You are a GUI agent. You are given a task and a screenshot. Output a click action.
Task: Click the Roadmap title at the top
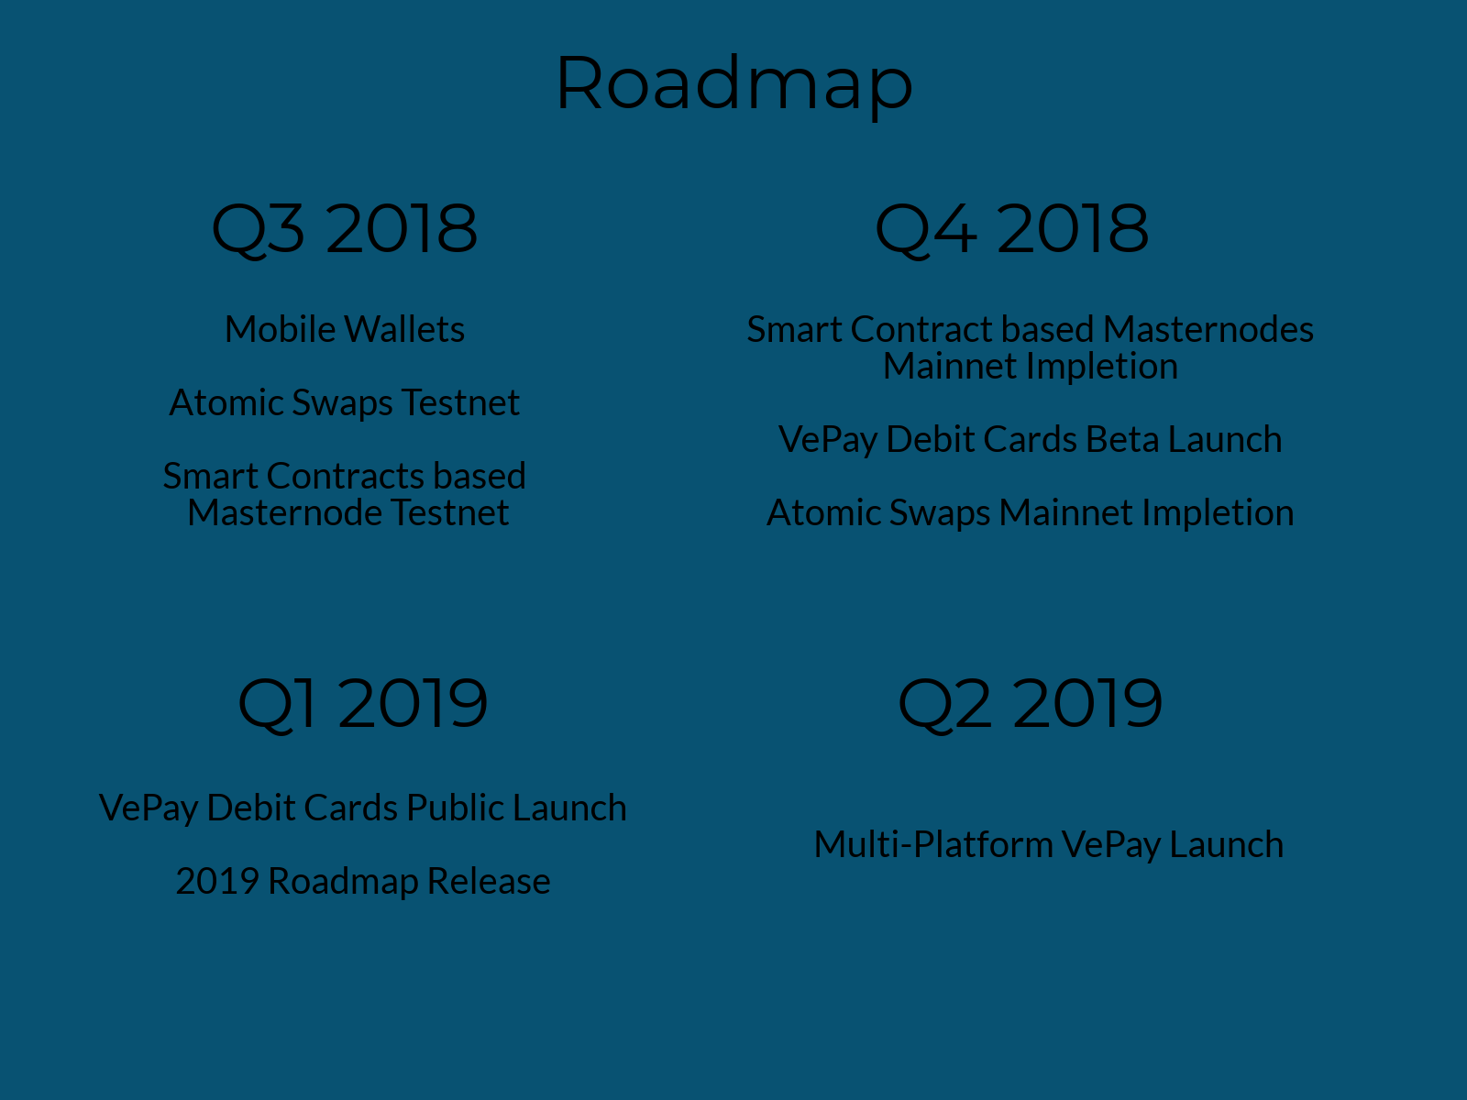pyautogui.click(x=733, y=86)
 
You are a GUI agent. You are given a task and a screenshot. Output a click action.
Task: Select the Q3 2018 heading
pyautogui.click(x=344, y=230)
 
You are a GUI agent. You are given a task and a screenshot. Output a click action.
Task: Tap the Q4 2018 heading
pyautogui.click(x=1012, y=230)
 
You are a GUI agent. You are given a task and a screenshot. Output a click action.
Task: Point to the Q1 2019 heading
pyautogui.click(x=363, y=705)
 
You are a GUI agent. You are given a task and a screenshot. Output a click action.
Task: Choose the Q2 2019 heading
pyautogui.click(x=1030, y=705)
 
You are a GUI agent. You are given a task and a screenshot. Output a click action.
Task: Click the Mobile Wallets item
pyautogui.click(x=345, y=329)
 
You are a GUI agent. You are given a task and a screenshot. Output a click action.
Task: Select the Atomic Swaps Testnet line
pyautogui.click(x=345, y=402)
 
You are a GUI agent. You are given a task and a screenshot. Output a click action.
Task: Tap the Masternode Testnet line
pyautogui.click(x=348, y=513)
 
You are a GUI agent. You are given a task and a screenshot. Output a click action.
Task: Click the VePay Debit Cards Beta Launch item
pyautogui.click(x=1030, y=440)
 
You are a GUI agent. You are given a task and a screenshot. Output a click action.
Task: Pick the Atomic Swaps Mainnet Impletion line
pyautogui.click(x=1030, y=513)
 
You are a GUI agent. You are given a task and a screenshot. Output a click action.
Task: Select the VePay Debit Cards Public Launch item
pyautogui.click(x=363, y=808)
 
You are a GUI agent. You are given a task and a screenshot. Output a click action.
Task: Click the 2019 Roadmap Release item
pyautogui.click(x=363, y=881)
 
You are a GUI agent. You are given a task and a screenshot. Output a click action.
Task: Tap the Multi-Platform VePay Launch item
pyautogui.click(x=1049, y=845)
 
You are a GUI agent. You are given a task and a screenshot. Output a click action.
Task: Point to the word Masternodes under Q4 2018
pyautogui.click(x=1208, y=329)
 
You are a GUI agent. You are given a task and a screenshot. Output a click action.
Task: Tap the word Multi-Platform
pyautogui.click(x=933, y=845)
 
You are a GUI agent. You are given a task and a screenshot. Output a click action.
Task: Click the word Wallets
pyautogui.click(x=404, y=329)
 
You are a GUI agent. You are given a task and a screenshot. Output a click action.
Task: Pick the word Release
pyautogui.click(x=490, y=881)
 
